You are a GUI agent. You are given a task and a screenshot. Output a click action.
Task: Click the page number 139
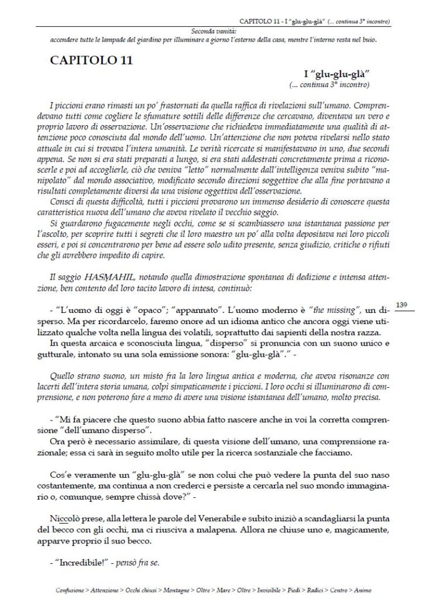401,305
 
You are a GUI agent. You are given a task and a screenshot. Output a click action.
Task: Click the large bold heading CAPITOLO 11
91,60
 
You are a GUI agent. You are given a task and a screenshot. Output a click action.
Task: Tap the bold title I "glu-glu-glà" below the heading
338,74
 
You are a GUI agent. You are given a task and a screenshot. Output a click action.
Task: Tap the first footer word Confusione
70,590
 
